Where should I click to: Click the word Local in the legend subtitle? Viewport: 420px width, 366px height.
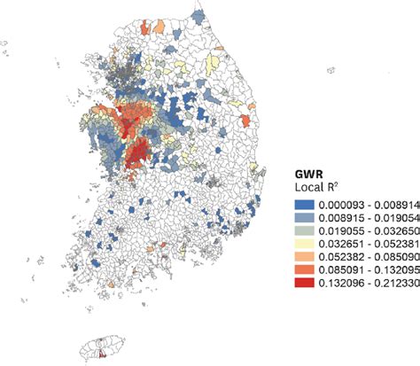308,190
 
